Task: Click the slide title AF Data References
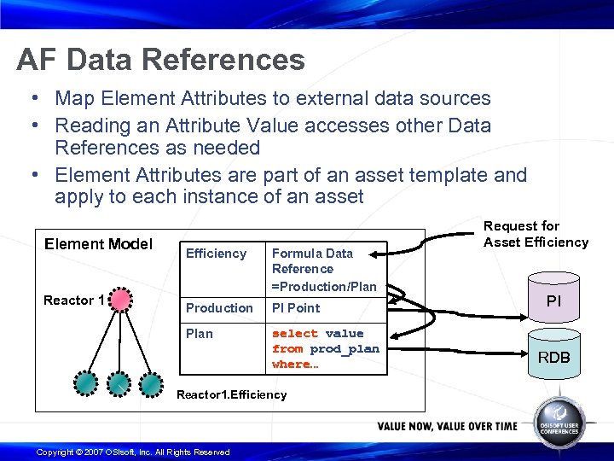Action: (160, 60)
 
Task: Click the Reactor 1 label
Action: (74, 301)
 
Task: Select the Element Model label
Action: (98, 244)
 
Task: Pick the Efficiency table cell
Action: (216, 254)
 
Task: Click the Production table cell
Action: (219, 308)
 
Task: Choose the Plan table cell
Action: (200, 334)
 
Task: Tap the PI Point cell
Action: (296, 308)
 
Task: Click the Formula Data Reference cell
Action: (323, 269)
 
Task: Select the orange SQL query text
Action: (325, 348)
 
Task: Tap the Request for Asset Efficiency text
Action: (536, 234)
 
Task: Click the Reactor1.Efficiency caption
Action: (230, 395)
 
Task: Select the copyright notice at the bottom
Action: (133, 452)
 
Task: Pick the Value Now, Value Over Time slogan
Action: (447, 426)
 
